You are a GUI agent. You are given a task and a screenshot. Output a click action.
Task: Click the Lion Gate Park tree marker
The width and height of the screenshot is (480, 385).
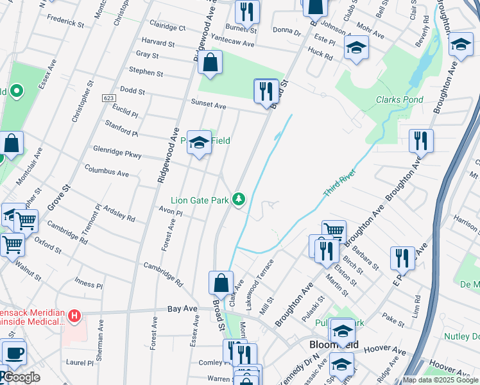click(x=239, y=200)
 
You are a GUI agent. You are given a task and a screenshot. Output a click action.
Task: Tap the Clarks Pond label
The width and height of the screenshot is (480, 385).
click(x=399, y=100)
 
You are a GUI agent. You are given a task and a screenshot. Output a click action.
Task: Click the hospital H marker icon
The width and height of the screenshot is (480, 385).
click(x=75, y=316)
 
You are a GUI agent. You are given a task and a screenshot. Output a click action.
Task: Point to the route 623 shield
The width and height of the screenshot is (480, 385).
click(x=107, y=98)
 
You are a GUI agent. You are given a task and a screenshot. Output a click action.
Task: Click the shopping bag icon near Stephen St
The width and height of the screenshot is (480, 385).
click(x=210, y=63)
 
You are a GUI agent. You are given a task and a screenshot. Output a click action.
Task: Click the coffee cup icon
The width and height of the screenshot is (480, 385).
click(x=14, y=353)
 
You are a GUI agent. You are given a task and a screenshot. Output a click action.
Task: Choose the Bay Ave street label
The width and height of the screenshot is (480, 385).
click(x=182, y=309)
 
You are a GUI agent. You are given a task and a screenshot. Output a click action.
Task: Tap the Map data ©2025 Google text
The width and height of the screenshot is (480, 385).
click(x=440, y=380)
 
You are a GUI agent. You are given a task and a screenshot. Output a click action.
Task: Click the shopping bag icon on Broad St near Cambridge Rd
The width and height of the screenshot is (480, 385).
click(x=221, y=282)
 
